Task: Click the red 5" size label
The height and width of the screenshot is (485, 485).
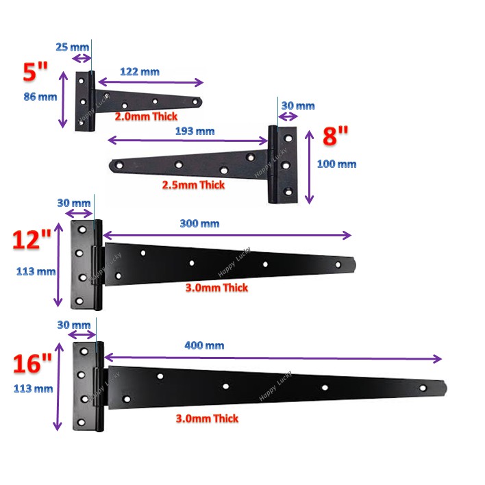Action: [x=35, y=71]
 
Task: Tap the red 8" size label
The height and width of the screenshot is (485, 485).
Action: [x=335, y=136]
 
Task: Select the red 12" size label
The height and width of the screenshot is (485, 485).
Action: [x=32, y=239]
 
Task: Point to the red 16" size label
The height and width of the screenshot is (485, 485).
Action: [x=32, y=363]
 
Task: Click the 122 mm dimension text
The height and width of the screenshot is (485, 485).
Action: [x=140, y=72]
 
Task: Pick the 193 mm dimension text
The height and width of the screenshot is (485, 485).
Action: [x=195, y=131]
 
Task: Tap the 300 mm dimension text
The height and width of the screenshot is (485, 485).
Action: [x=199, y=223]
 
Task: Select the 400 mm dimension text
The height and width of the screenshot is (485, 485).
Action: [x=204, y=345]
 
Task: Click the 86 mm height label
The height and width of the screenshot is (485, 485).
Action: [x=40, y=97]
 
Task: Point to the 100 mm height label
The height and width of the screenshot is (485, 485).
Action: [x=336, y=164]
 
